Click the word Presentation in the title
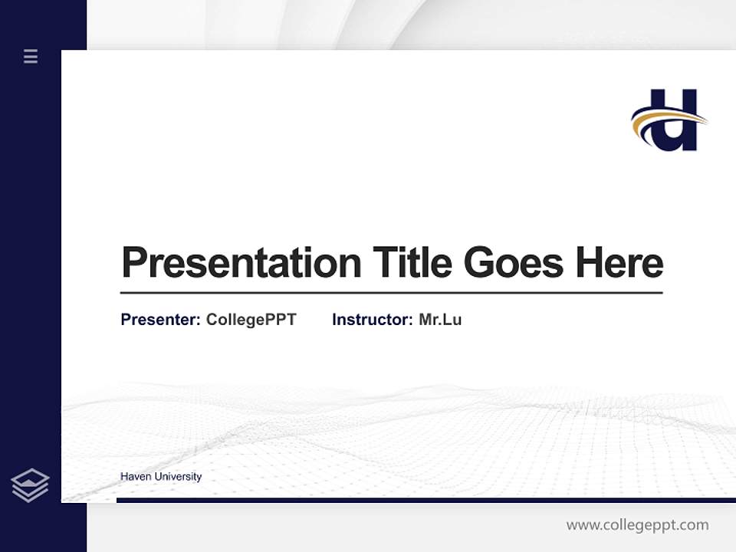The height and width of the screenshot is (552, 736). [241, 263]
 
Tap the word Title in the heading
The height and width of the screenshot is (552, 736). [412, 263]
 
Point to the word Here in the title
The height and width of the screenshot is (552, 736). [619, 263]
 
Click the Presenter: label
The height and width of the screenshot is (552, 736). [160, 320]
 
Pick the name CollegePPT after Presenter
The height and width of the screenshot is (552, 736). [251, 320]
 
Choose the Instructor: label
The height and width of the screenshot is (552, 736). [372, 320]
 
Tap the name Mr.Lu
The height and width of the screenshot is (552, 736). [440, 320]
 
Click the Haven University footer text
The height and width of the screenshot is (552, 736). [161, 477]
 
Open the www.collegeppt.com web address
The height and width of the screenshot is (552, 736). [637, 525]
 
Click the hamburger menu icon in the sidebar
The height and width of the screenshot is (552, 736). [31, 56]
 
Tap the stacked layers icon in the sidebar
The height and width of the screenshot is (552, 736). [30, 485]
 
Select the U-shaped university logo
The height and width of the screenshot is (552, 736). [669, 120]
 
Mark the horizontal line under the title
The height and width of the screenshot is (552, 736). [391, 293]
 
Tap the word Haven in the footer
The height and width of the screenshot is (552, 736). [136, 477]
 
